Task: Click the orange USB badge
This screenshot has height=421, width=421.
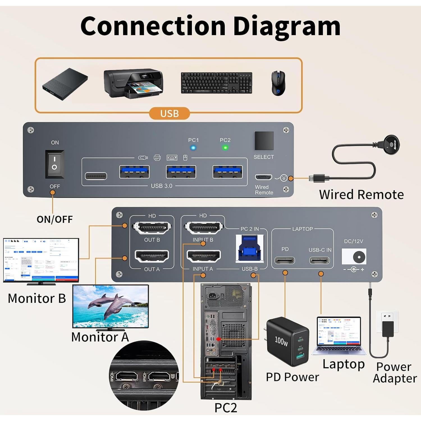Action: coord(170,113)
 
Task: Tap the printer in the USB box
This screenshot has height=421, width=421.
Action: coord(133,83)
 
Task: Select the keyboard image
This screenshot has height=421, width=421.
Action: coord(216,83)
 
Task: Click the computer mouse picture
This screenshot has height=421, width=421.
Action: coord(278,83)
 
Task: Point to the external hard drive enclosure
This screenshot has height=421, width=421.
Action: coord(65,84)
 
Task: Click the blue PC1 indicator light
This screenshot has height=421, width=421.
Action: coord(193,148)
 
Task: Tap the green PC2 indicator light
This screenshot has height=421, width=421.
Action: coord(225,148)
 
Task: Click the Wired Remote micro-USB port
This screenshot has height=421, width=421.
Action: coord(263,177)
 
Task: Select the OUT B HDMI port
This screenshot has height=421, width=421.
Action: coord(152,228)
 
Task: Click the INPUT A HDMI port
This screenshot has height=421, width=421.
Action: coord(203,256)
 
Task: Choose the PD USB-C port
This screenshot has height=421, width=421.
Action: coord(285,260)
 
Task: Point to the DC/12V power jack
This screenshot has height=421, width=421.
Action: coord(358,257)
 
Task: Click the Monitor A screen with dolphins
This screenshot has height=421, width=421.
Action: coord(110,306)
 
